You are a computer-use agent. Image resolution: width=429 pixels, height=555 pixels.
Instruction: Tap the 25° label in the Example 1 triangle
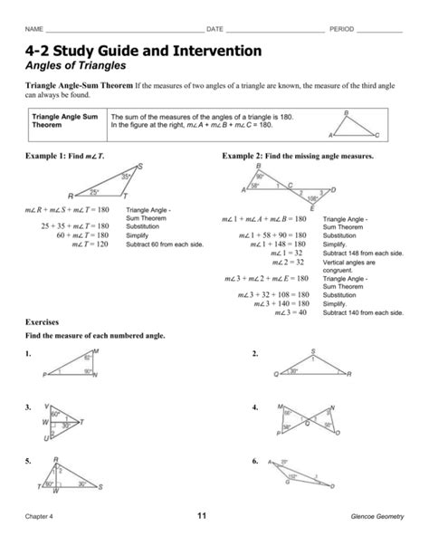tap(93, 193)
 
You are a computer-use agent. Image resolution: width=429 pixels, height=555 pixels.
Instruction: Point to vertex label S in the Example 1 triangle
tap(139, 166)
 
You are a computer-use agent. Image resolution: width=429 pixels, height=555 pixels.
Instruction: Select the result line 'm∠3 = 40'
tap(290, 312)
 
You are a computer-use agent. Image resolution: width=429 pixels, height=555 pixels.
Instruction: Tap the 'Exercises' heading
tap(43, 321)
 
